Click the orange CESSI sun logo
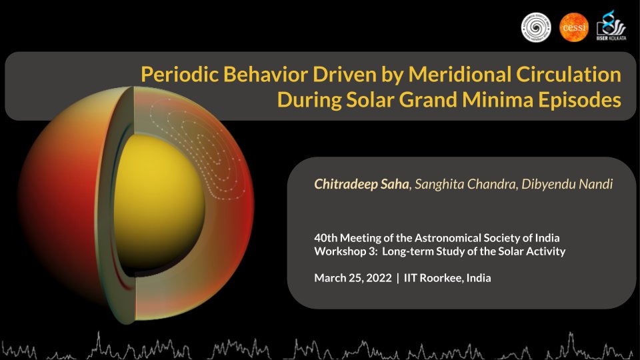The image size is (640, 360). tap(573, 28)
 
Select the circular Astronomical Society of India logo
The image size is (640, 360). tap(536, 28)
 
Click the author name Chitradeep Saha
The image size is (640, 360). tap(361, 184)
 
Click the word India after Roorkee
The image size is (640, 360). tap(477, 278)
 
